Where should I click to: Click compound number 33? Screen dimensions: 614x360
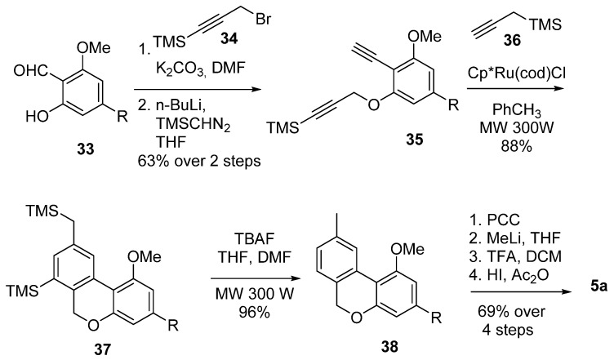(86, 149)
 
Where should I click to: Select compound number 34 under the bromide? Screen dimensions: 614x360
(229, 38)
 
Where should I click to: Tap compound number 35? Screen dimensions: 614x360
(414, 139)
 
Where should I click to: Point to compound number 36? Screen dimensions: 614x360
(512, 40)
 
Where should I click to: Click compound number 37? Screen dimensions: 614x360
(102, 348)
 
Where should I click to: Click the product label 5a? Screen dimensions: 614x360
(598, 287)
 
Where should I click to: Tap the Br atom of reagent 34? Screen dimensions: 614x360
(263, 19)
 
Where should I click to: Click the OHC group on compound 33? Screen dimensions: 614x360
(30, 71)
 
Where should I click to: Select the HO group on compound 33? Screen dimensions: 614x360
(37, 116)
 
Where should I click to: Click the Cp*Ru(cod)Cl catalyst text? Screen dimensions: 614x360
(517, 73)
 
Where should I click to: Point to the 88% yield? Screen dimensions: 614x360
(516, 146)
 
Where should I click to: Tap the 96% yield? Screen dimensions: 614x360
(254, 312)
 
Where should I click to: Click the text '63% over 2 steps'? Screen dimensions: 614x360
(199, 161)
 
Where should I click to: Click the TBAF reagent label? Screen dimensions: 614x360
(254, 238)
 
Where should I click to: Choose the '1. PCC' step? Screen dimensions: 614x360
(495, 220)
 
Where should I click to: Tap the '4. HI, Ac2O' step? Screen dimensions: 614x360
(509, 275)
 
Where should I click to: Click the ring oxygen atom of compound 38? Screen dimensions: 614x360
(356, 317)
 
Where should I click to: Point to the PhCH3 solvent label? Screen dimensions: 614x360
(517, 110)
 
